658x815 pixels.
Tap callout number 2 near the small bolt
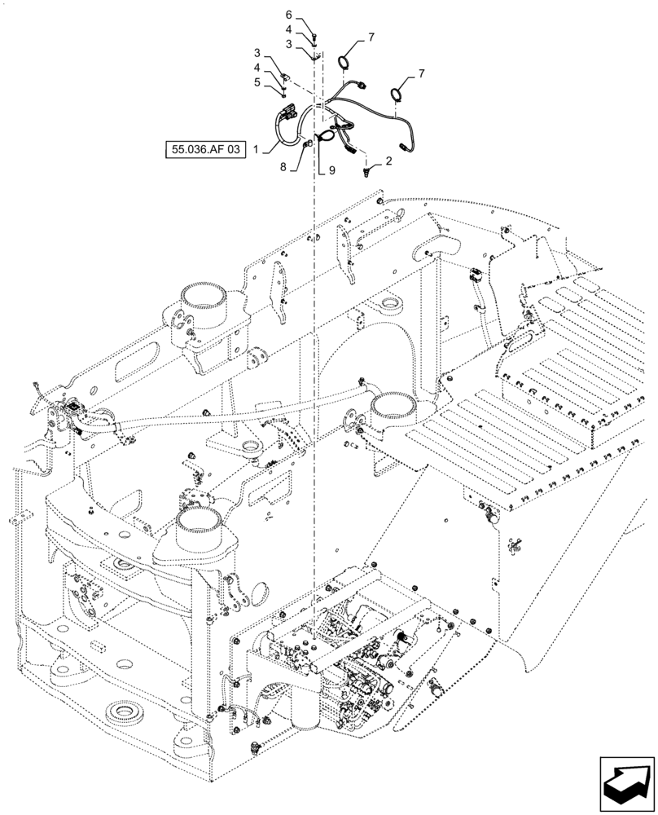388,161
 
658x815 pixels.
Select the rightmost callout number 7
421,74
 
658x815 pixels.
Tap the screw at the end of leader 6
316,36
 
